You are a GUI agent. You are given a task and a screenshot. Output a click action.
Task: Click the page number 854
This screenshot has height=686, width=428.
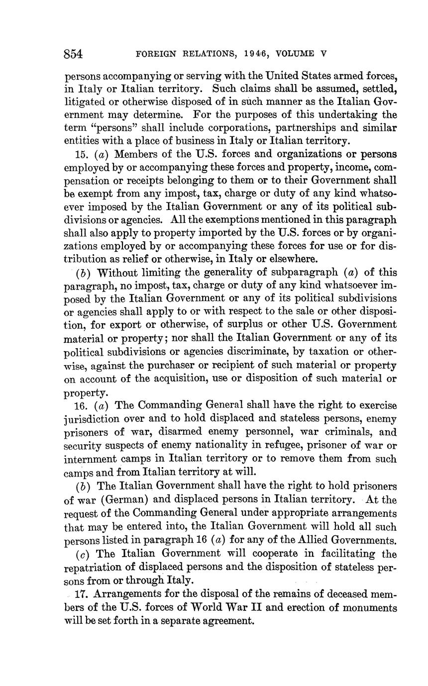[73, 54]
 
